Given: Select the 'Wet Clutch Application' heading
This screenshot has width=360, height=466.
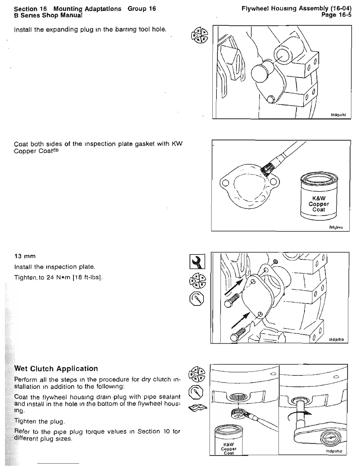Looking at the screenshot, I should [56, 369].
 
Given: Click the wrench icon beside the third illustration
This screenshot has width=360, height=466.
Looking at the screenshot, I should [198, 261].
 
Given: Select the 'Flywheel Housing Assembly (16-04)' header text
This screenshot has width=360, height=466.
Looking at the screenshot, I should [296, 9].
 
